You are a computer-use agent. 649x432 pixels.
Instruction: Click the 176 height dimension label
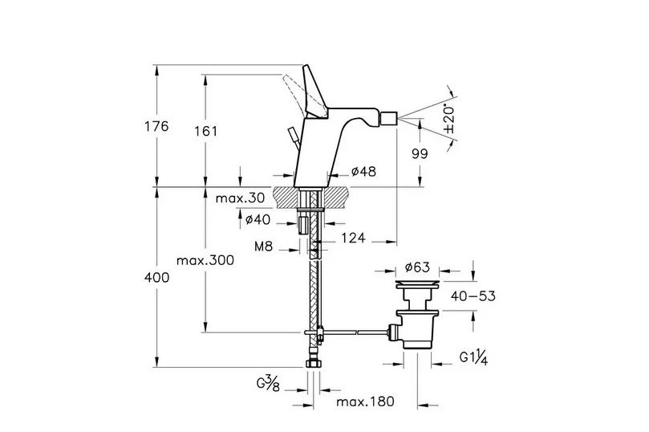[157, 127]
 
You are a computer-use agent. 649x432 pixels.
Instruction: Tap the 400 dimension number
[157, 278]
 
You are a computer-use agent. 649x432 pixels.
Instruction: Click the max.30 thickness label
[224, 198]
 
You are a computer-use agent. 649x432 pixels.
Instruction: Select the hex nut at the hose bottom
[314, 366]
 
